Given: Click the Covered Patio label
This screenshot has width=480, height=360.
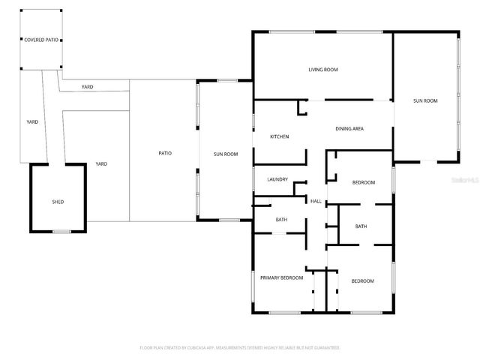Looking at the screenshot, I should [40, 39].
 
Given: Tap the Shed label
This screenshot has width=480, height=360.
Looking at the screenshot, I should [58, 202].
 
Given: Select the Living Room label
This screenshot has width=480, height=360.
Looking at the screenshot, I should [323, 70].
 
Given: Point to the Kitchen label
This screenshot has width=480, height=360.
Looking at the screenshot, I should [280, 136].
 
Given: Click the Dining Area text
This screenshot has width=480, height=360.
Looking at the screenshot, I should [349, 129].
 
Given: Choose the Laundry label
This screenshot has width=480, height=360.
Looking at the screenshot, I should [277, 180].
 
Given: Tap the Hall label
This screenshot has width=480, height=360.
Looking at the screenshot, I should [316, 201].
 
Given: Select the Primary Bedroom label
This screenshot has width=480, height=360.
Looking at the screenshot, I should [281, 277].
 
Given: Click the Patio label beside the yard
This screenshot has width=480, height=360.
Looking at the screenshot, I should [165, 153].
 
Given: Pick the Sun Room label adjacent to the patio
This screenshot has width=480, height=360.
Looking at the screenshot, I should [226, 154].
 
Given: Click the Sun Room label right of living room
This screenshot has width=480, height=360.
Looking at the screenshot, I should [425, 100].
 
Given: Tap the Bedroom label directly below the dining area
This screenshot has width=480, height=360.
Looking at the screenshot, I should [363, 182].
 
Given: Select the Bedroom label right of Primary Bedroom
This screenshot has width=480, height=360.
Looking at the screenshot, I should [363, 280].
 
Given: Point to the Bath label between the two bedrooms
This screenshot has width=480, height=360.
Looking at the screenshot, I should [361, 226].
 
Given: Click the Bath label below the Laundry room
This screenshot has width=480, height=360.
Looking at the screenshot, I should [281, 220].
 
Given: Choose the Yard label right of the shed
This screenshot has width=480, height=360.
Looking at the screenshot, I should [101, 163].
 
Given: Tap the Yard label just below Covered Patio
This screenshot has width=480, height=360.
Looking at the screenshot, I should [88, 88].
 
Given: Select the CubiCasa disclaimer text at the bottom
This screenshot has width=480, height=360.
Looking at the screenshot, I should [240, 348].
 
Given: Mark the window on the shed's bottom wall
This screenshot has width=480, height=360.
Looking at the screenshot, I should [61, 232].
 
